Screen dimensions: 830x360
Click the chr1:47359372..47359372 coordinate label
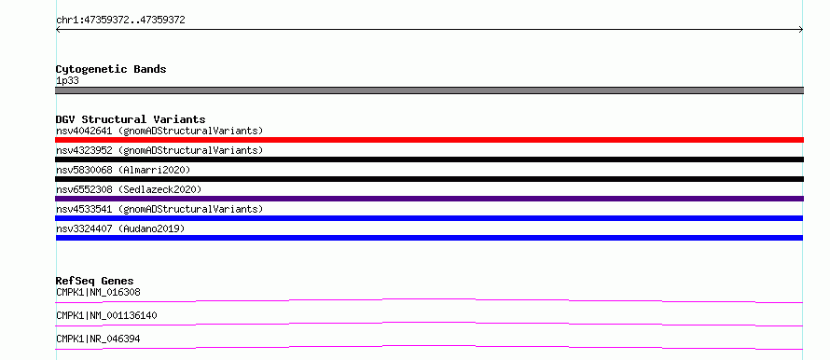coord(120,21)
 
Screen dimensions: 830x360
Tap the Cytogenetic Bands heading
coord(111,69)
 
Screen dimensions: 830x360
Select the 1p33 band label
coord(68,81)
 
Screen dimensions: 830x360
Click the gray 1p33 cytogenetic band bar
coord(429,90)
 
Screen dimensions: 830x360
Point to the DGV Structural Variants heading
coord(131,119)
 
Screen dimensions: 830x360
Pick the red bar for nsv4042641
coord(429,140)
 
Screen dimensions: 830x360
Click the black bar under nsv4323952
coord(429,159)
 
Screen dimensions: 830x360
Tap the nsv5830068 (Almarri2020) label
coord(123,170)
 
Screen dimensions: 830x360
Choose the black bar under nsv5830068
coord(429,179)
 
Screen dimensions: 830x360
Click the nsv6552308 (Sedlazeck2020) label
coord(129,189)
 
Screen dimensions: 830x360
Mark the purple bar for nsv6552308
coord(429,199)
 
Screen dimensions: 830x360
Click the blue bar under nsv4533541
coord(429,218)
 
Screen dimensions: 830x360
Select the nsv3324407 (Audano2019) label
coord(120,228)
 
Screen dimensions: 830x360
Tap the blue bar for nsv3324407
coord(429,238)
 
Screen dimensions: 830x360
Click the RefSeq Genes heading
coord(95,281)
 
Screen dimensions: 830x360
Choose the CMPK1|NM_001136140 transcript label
coord(106,316)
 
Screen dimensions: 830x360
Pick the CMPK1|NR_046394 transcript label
coord(98,339)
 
